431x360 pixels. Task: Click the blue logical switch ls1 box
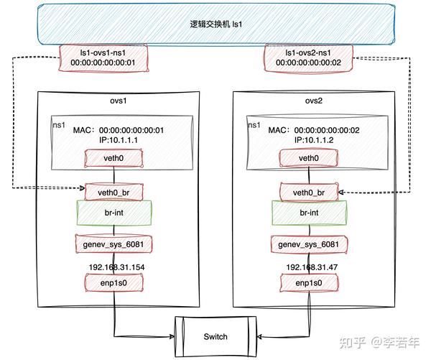tap(215, 25)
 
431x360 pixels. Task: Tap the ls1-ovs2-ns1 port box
tap(308, 57)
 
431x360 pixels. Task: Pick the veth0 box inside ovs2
tap(309, 157)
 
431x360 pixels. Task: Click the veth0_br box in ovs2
tap(309, 192)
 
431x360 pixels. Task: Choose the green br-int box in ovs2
tap(309, 213)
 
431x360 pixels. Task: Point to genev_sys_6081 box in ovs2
tap(309, 245)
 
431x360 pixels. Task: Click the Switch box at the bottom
tap(215, 336)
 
